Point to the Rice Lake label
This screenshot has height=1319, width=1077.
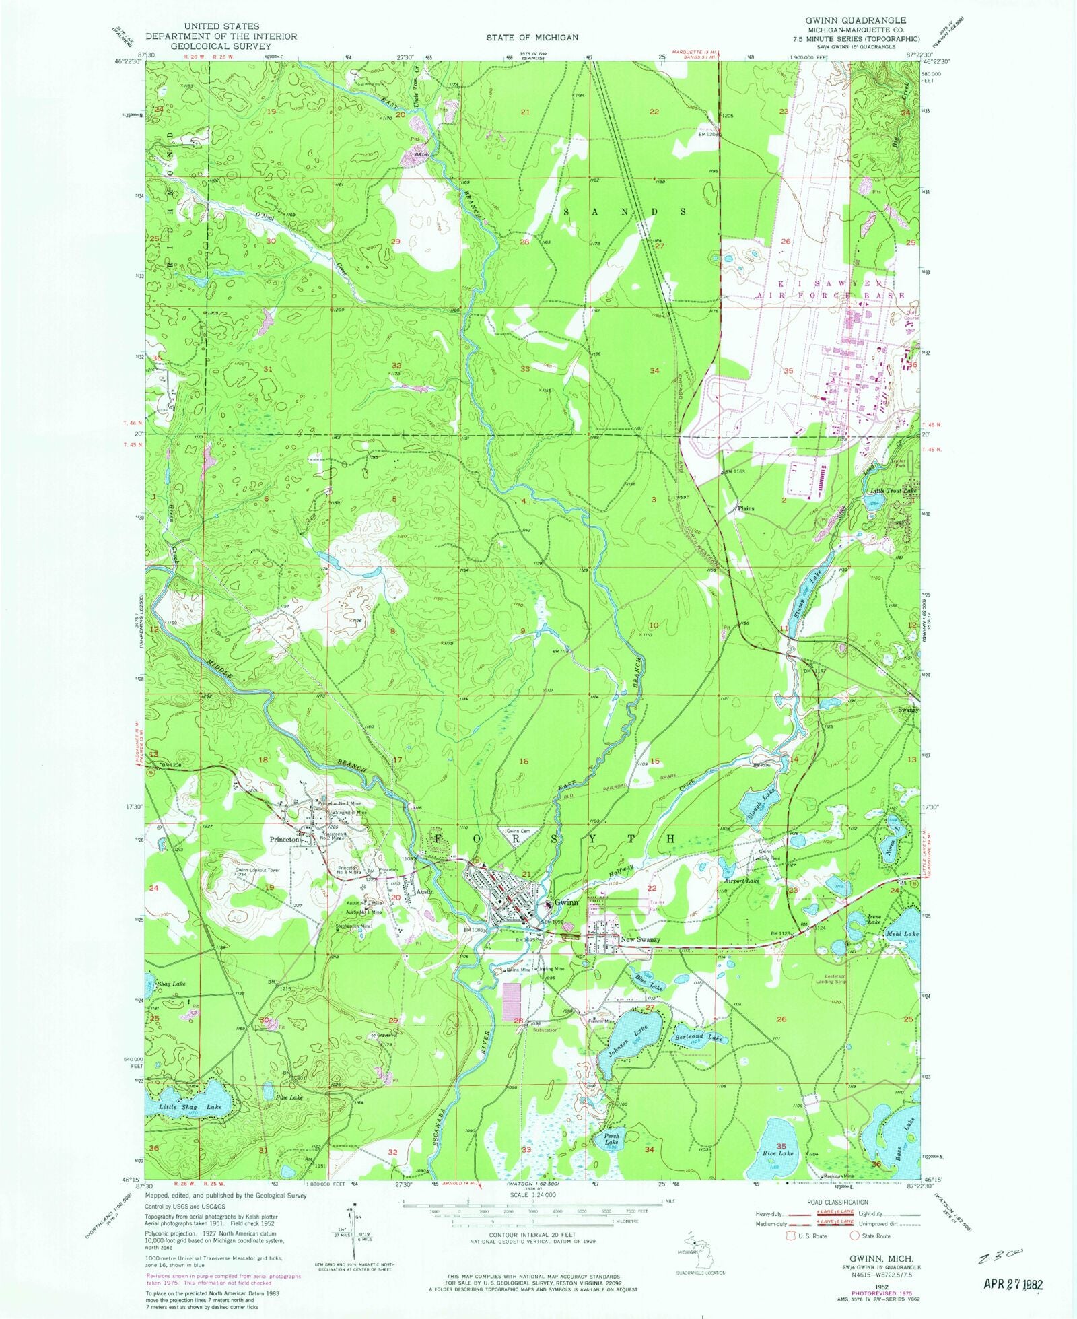click(777, 1153)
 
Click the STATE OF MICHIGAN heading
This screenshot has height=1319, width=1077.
click(532, 38)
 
